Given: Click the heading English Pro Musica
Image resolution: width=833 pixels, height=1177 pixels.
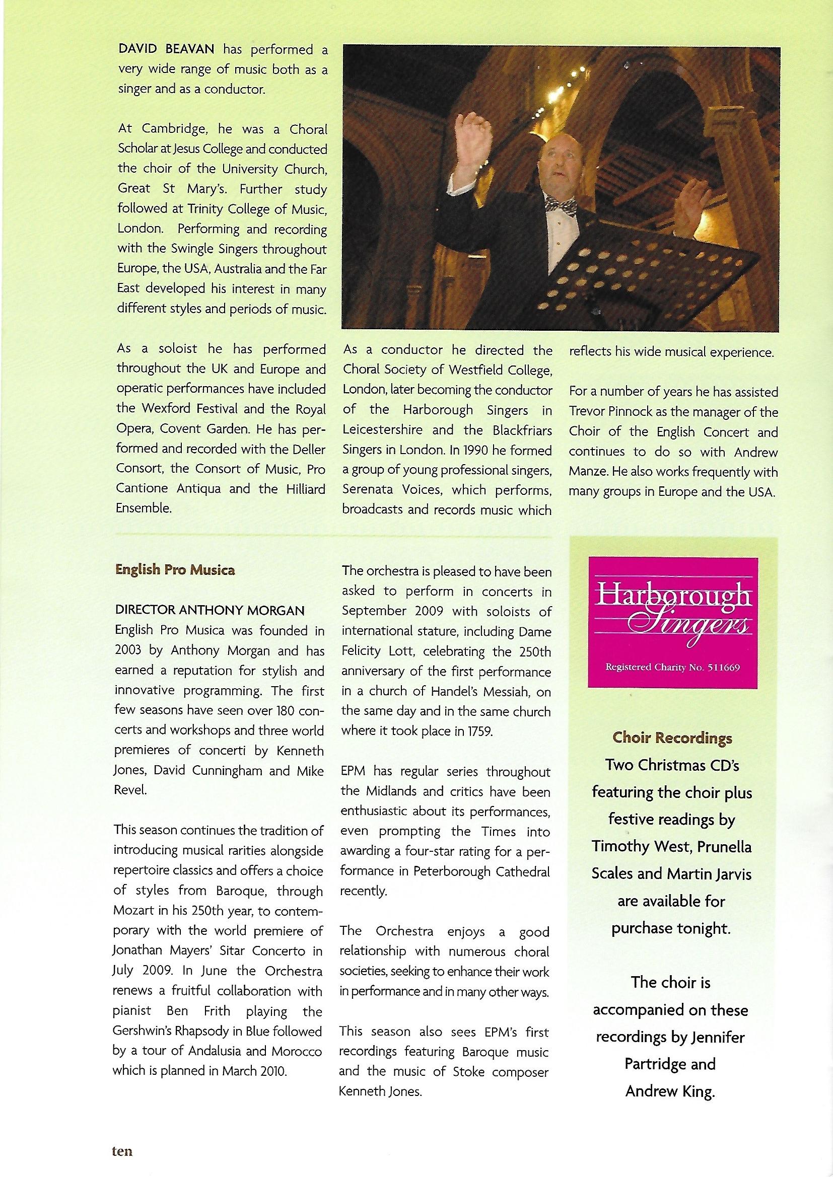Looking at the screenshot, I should coord(175,570).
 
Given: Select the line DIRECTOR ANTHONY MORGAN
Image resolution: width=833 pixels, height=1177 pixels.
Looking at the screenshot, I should coord(210,611).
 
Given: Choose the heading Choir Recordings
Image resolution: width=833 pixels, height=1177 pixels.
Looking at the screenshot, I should coord(672,738).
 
